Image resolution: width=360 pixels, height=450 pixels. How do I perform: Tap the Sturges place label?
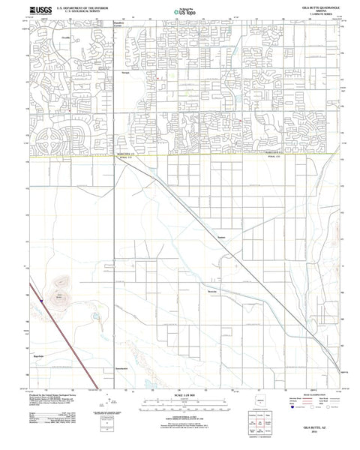[x=127, y=73]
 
